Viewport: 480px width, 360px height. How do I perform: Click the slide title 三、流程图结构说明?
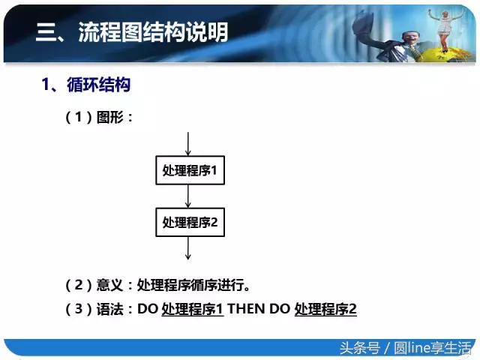coord(132,32)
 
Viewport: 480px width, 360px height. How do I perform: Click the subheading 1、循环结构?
coord(85,85)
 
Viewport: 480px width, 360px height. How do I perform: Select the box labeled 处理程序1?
coord(189,171)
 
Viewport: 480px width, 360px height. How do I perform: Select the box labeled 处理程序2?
coord(189,222)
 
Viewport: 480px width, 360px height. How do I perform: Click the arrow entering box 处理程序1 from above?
coord(188,144)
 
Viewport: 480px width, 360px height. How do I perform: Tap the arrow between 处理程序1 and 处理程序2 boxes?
coord(188,196)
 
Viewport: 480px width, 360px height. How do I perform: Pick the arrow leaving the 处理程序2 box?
coord(188,247)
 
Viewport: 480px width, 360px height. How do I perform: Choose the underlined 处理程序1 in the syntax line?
coord(193,308)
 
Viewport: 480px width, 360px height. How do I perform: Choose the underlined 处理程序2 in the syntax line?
coord(325,308)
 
